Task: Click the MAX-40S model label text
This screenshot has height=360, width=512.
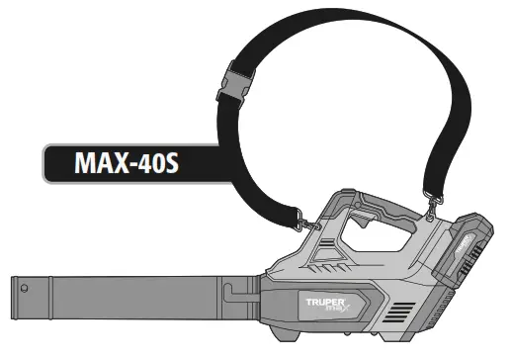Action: [127, 162]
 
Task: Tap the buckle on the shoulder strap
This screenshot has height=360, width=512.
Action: [235, 84]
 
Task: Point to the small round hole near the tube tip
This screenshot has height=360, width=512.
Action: [24, 289]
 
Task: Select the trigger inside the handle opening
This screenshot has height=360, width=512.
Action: [362, 219]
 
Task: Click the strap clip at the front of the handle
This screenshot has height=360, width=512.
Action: [308, 222]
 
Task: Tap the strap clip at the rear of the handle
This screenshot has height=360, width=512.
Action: [434, 206]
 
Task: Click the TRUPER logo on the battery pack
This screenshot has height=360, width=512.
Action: [464, 244]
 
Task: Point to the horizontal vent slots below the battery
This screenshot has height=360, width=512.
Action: [399, 313]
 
